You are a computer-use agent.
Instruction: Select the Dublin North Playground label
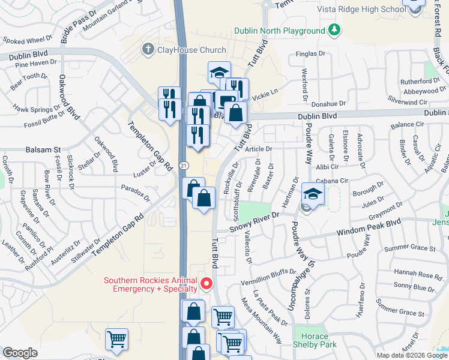click(279, 31)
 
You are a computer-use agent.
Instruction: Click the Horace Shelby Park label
click(315, 340)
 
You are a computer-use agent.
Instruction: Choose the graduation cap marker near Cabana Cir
click(313, 194)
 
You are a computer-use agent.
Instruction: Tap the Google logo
click(20, 353)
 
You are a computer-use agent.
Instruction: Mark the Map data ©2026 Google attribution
click(412, 355)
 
